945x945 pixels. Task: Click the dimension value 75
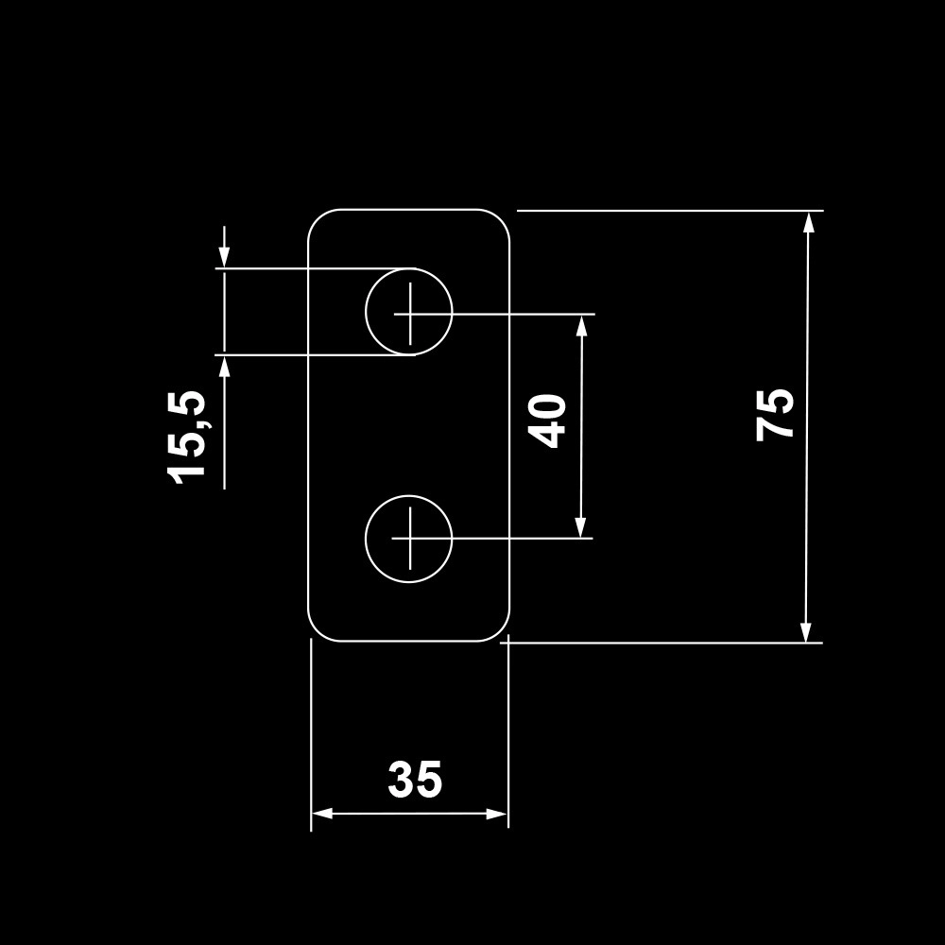click(775, 414)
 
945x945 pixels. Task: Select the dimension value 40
click(548, 421)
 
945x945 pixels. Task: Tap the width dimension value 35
click(415, 781)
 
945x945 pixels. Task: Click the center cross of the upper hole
click(409, 312)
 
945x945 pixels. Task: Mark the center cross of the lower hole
click(409, 539)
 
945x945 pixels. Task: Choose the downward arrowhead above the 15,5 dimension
click(224, 257)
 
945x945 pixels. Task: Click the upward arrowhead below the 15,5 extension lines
click(224, 367)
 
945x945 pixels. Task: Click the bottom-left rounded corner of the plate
click(318, 632)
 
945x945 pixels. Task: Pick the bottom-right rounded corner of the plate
click(500, 632)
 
